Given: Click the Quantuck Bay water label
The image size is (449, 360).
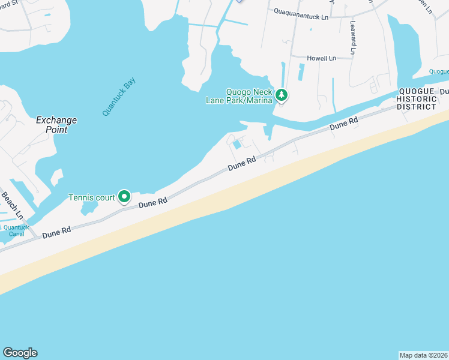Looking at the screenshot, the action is click(x=119, y=95).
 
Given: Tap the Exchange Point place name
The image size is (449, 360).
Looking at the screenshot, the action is click(x=56, y=125).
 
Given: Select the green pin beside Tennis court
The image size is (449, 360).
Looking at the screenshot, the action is click(x=124, y=196).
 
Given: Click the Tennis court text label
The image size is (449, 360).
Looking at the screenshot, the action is click(x=91, y=197).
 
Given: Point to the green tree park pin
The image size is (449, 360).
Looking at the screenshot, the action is click(x=281, y=95).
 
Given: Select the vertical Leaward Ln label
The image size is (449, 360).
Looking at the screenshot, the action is click(x=353, y=37).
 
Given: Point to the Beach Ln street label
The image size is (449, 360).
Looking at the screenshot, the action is click(x=11, y=205).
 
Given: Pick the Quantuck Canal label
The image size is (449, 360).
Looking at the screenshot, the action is click(x=16, y=230).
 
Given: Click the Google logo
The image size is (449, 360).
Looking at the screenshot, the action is click(x=20, y=353).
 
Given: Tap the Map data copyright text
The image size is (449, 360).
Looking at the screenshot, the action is click(x=423, y=355).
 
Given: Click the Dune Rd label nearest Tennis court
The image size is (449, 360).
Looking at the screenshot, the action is click(x=152, y=204).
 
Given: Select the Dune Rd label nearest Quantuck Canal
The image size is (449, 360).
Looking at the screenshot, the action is click(x=56, y=232).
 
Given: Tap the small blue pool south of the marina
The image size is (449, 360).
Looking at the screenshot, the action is click(x=238, y=144).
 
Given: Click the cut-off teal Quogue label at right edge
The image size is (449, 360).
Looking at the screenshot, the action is click(x=439, y=71).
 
